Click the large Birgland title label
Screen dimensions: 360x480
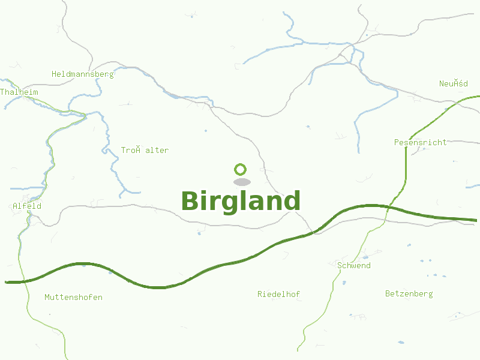coord(240,202)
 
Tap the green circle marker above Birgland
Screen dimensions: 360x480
coord(241,169)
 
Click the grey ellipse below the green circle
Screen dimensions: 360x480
coord(241,182)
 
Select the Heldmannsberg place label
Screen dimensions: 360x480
coord(82,74)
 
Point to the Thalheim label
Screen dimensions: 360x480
coord(19,92)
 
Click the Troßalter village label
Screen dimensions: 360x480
coord(145,150)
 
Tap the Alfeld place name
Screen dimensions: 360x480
coord(27,206)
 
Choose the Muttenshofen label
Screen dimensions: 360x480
coord(73,297)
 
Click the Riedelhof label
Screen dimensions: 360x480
coord(278,294)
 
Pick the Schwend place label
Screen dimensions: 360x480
coord(354,265)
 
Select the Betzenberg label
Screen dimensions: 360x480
coord(409,293)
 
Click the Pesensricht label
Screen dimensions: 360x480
coord(420,142)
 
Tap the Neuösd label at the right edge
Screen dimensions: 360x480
coord(453,83)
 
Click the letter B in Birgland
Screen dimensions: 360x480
coord(190,202)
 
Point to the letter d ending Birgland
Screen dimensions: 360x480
coord(291,201)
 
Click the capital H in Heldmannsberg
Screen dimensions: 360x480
coord(54,74)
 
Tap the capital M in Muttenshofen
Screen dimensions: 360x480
coord(47,297)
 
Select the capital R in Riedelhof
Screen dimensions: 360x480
coord(260,294)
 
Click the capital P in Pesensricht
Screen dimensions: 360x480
coord(397,142)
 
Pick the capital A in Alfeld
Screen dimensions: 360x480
coord(15,206)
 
